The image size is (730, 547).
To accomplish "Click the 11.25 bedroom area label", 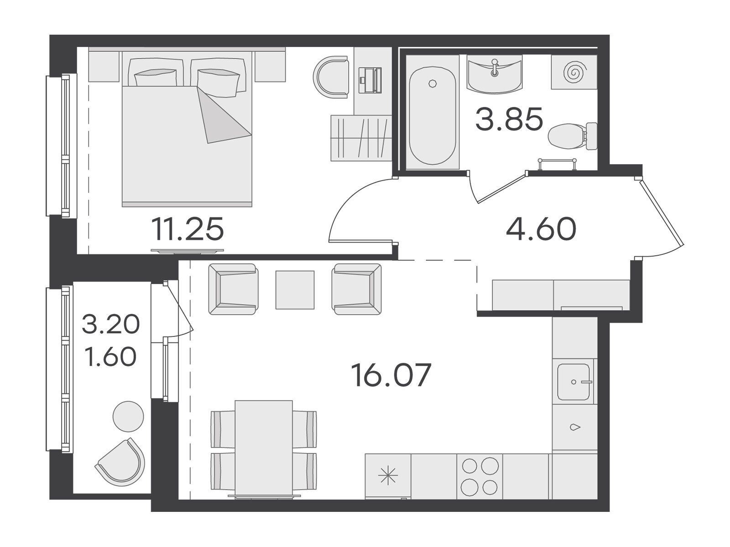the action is (x=187, y=229).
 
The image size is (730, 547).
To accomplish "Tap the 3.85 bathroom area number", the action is (x=509, y=119).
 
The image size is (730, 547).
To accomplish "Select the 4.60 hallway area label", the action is (x=541, y=229).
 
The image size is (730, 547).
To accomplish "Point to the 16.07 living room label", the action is (x=391, y=375).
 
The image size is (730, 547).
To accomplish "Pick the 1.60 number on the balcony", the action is (x=111, y=356).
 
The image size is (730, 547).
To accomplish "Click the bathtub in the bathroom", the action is (x=433, y=116).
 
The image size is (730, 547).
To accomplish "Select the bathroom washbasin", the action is (x=495, y=74).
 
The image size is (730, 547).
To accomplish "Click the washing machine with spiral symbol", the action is (x=574, y=72).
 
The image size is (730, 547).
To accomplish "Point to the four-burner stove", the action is (x=480, y=477).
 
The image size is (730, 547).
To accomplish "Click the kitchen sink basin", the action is (x=574, y=382).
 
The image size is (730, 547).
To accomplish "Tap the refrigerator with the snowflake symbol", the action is (x=388, y=477).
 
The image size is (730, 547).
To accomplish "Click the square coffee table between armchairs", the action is (x=295, y=289).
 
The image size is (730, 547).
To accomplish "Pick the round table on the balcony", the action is (x=128, y=417).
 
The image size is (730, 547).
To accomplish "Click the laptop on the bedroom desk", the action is (x=370, y=80).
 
